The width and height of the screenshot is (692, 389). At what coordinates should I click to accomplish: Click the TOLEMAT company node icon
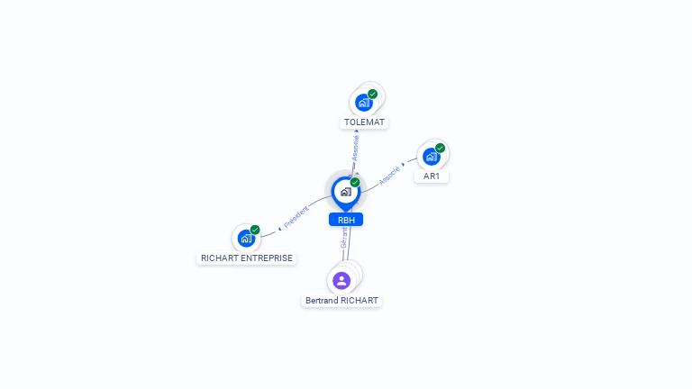coord(363,103)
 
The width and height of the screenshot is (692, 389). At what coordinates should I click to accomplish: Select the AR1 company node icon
coord(431,157)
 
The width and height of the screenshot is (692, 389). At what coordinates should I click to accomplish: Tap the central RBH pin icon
coord(345,192)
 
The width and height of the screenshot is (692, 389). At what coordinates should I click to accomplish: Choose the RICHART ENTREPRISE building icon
coord(246,239)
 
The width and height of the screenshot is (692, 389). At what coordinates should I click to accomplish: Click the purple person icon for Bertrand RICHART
coord(341,280)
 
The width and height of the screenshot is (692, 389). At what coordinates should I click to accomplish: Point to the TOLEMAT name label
coord(365,122)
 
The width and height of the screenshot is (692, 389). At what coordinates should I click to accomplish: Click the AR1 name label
coord(432,176)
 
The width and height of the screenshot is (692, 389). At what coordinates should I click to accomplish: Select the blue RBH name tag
coord(345,220)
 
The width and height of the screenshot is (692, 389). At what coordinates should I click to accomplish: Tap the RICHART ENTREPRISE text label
coord(247,258)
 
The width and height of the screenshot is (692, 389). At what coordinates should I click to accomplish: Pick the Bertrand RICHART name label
coord(342,300)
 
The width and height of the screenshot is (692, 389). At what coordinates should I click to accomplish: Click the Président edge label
coord(296,216)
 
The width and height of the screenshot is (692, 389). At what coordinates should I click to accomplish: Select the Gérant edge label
coord(344,238)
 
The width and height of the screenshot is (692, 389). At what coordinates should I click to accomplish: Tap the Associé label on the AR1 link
coord(389,174)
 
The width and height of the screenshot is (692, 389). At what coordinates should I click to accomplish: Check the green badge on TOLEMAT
coord(373,94)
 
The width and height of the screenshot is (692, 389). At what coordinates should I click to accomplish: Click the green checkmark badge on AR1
coord(441,148)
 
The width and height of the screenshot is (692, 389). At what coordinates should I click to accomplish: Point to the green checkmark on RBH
coord(355,182)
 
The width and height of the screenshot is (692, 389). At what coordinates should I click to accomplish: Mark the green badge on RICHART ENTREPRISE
coord(255,230)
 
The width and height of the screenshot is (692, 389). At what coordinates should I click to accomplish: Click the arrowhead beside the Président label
coord(279,228)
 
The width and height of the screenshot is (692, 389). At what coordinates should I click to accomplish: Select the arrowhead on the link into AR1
coord(403,165)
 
